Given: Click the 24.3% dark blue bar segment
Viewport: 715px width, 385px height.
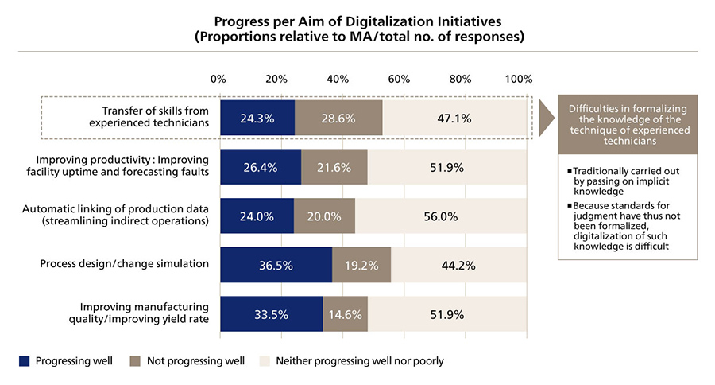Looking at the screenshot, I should pos(257,119).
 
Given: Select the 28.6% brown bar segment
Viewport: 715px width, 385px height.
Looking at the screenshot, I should pos(338,119).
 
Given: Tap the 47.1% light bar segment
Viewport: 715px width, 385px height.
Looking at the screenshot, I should pos(454,119).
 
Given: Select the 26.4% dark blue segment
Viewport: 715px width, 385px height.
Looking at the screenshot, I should pos(260,168).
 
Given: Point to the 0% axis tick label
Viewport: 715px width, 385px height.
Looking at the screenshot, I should pos(218,79).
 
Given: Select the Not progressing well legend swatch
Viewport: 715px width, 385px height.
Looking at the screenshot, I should pos(135,360).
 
